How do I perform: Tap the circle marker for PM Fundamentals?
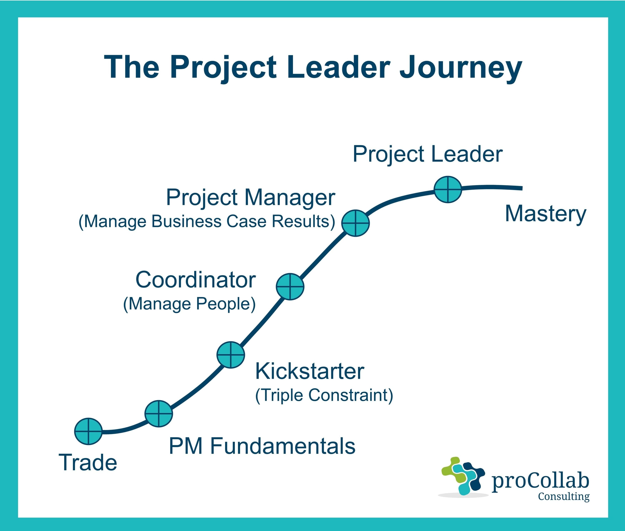tap(159, 414)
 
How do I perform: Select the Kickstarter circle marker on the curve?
tap(231, 355)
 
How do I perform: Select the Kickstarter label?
tap(310, 371)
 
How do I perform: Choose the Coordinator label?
tap(196, 280)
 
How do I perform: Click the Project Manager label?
tap(250, 198)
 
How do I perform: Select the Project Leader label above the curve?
tap(427, 154)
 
